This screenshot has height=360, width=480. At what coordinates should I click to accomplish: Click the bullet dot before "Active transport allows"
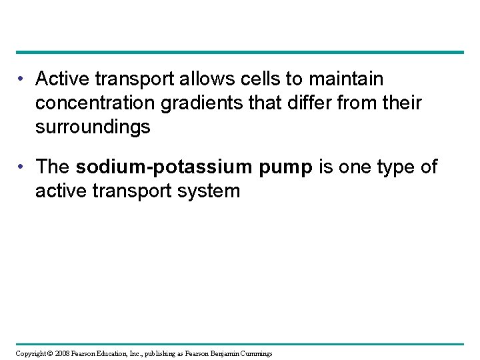pos(23,80)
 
